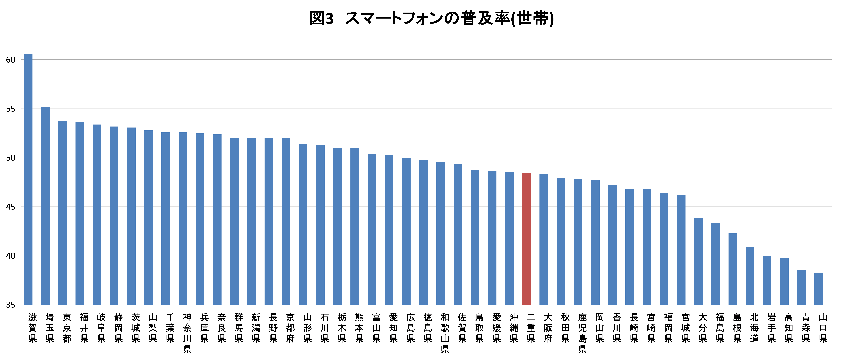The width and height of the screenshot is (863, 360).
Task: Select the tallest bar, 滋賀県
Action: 28,179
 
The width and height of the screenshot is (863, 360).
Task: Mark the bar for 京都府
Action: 286,222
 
